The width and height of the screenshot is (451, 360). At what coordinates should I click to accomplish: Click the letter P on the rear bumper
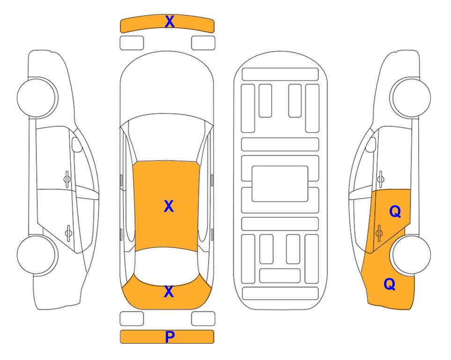coord(170,337)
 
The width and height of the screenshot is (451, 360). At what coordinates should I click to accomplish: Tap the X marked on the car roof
coord(169,206)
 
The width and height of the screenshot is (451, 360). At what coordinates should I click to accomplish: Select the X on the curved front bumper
coord(170,22)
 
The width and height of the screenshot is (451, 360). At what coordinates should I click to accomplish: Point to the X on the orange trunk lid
coord(169,292)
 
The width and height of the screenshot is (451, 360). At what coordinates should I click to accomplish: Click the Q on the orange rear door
coord(395,212)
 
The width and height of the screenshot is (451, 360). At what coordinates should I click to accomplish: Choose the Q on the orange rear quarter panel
coord(390,284)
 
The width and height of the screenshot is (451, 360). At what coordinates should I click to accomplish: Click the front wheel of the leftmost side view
coord(37,97)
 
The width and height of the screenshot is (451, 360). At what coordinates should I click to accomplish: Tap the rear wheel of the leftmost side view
coord(37,255)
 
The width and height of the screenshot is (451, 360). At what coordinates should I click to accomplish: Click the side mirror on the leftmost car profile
coord(76,144)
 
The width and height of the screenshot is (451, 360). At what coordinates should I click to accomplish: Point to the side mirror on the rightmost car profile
coord(371,144)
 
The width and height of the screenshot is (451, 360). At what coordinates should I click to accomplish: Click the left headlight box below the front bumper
coord(132,43)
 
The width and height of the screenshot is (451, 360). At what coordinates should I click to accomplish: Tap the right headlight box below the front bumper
coord(203,43)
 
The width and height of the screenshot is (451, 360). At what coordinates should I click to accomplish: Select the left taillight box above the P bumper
coord(132,319)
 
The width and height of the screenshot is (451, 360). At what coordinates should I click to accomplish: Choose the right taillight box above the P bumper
coord(203,319)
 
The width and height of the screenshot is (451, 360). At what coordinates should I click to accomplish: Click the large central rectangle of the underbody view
coord(280,184)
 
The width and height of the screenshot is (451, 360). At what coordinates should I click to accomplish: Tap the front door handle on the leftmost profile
coord(67,180)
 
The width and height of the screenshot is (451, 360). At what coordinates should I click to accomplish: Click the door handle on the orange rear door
coord(379,233)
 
